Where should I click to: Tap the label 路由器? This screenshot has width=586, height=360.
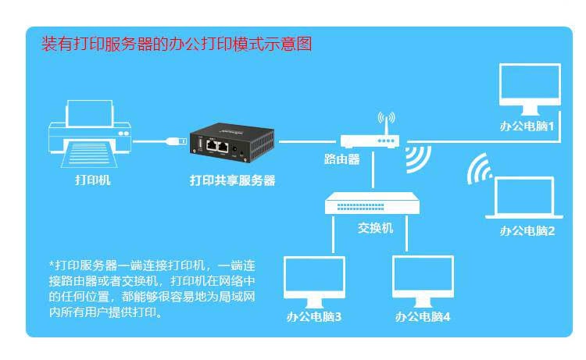click(x=342, y=159)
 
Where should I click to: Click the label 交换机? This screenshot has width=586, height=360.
click(x=376, y=228)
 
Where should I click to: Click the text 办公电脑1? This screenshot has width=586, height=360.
click(x=527, y=125)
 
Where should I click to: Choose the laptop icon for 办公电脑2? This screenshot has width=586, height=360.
click(x=525, y=198)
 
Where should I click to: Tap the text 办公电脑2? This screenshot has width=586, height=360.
click(x=527, y=230)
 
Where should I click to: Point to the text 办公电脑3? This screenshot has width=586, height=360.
click(x=314, y=317)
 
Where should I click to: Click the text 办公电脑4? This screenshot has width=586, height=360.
click(x=423, y=317)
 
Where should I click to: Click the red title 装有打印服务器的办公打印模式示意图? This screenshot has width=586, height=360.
click(x=177, y=44)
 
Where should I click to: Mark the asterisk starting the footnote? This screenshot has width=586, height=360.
click(x=52, y=264)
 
